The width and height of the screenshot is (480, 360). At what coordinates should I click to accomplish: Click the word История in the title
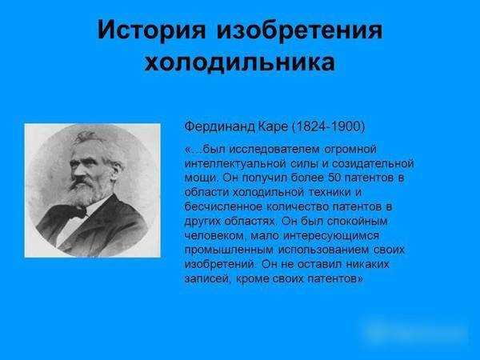pos(151,30)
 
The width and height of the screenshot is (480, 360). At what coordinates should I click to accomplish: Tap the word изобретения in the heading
pos(300,30)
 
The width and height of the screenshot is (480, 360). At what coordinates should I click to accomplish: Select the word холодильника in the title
pos(240,63)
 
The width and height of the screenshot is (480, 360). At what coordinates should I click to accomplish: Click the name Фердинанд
pos(220,126)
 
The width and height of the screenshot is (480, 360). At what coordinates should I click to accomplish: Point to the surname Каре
pos(273,126)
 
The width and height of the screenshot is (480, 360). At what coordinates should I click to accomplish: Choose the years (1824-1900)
pos(329,126)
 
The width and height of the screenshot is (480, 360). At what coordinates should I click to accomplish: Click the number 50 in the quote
pos(335,178)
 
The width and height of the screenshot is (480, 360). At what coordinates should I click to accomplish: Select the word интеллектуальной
pos(235,164)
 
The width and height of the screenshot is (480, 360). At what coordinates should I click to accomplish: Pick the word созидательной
pos(373,164)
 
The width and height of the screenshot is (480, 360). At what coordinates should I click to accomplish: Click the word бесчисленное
pos(223,207)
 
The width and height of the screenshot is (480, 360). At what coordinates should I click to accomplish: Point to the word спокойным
pos(357,222)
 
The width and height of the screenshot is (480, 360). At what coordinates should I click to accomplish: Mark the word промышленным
pos(229,250)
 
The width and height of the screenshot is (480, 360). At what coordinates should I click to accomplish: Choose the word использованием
pos(323,250)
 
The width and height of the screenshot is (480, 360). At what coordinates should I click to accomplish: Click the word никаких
pos(367,264)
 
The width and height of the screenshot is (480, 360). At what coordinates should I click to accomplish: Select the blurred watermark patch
pos(414,331)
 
